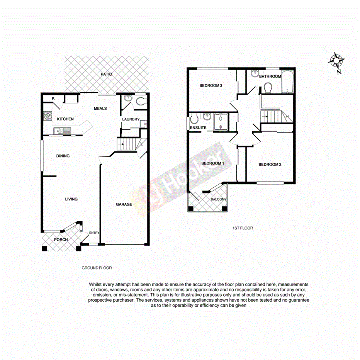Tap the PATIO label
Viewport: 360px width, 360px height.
click(x=106, y=74)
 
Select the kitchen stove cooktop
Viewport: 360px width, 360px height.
click(x=48, y=115)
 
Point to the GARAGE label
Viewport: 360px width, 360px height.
click(x=124, y=204)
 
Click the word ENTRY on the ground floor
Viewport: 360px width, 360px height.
click(x=94, y=233)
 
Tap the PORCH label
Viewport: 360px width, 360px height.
click(x=61, y=239)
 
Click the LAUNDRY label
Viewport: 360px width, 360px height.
click(x=131, y=119)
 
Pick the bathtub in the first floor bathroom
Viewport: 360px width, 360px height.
click(x=287, y=82)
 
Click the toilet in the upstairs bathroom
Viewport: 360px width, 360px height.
click(x=267, y=88)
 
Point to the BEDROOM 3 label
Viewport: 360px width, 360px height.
click(x=211, y=85)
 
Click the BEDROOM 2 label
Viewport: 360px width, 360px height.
click(x=270, y=165)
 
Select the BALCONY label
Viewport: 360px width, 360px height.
click(x=219, y=199)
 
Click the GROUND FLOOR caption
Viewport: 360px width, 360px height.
click(x=97, y=268)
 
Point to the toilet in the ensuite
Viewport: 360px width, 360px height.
click(x=194, y=118)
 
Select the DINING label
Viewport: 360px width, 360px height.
click(x=63, y=156)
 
